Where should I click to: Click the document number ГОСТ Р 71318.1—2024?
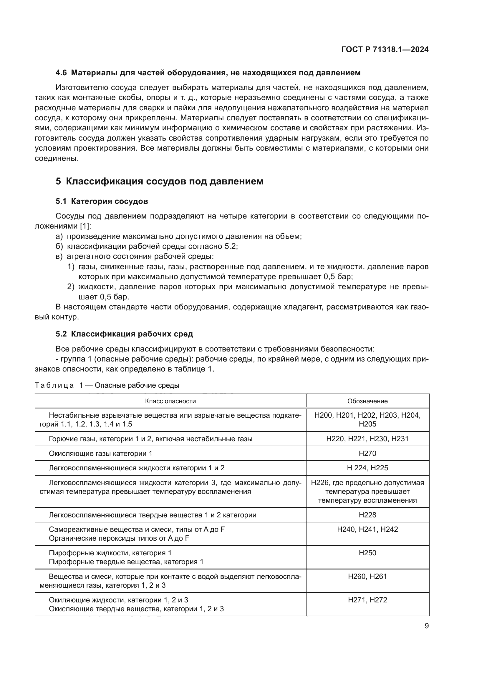coord(385,49)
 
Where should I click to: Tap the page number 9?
coord(426,626)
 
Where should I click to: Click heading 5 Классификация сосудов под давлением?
coord(159,181)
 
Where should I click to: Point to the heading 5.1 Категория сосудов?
coord(102,201)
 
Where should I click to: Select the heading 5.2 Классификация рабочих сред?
coord(124,334)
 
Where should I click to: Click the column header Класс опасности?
coord(170,401)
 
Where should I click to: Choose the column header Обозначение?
coord(367,401)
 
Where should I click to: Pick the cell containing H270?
coord(367,453)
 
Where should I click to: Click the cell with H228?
coord(367,515)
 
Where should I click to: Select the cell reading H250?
coord(367,553)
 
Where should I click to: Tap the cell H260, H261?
coord(367,576)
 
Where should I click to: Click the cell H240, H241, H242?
coord(367,529)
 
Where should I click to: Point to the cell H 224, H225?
coord(367,468)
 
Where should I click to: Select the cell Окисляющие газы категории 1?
coord(100,453)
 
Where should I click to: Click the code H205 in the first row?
coord(367,424)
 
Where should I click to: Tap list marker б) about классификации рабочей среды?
coord(59,246)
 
